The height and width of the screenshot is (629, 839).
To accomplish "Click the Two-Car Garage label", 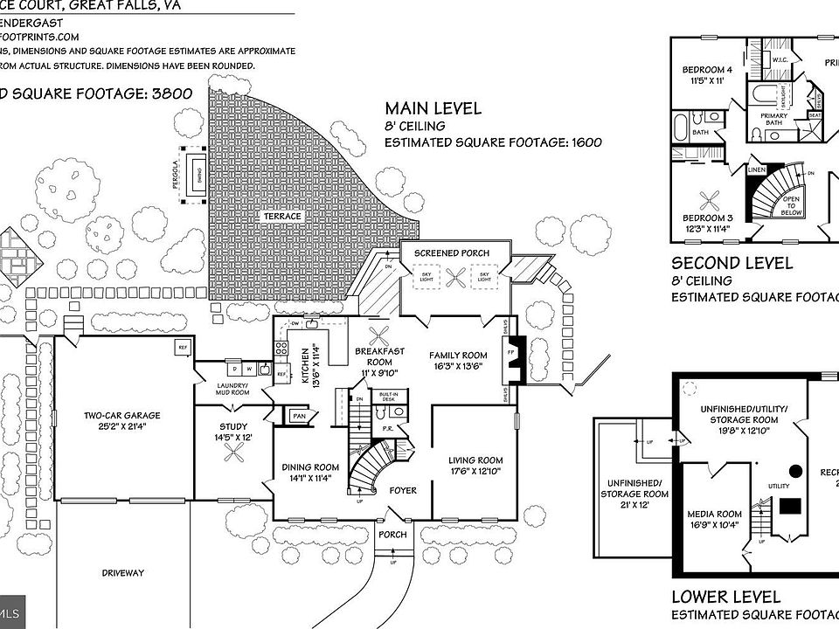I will point(121,416).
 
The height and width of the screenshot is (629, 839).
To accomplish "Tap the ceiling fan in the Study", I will point(233,452).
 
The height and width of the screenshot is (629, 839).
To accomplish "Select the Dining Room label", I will point(310,467).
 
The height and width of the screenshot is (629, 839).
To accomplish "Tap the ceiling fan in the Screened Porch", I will point(454,279).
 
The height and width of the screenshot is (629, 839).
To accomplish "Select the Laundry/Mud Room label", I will point(232,389).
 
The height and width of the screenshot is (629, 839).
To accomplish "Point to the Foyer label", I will point(403,490).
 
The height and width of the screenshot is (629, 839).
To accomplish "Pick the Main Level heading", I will point(433,108).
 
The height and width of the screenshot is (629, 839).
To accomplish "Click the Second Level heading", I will point(732,262).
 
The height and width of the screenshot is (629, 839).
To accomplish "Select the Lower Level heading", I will point(725,598).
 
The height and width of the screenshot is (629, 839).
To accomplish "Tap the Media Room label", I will point(714,514).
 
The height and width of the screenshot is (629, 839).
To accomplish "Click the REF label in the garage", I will point(183,348).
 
